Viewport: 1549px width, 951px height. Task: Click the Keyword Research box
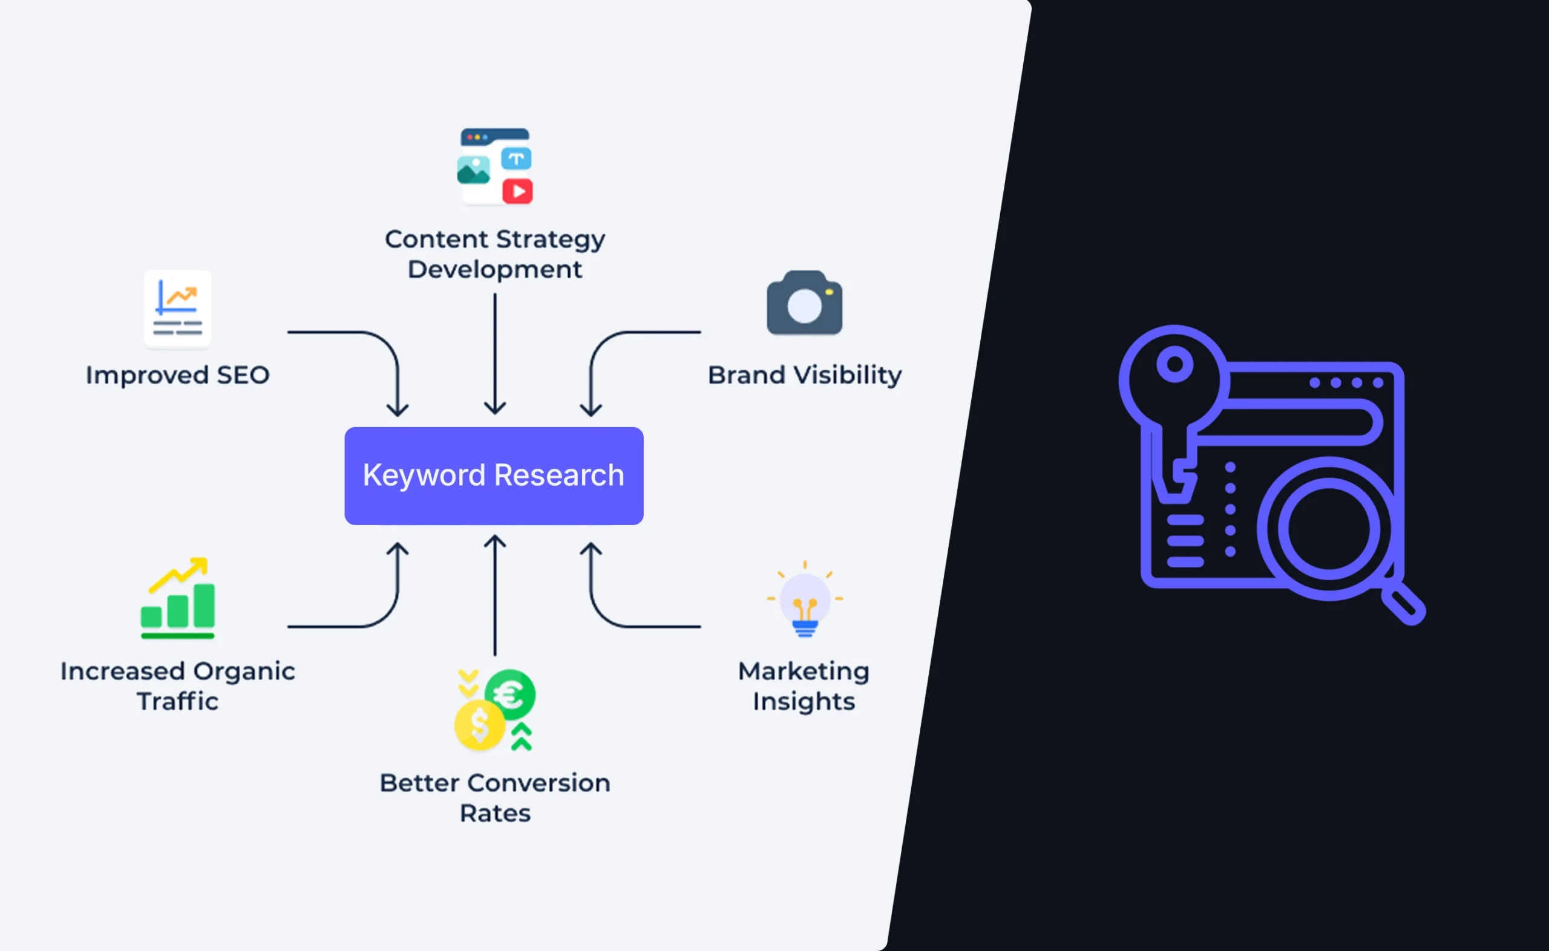[494, 475]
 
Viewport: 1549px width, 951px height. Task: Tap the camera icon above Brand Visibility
[804, 303]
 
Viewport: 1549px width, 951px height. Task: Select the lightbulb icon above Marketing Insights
[804, 601]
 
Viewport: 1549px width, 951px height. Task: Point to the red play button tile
[517, 191]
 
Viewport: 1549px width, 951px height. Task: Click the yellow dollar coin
[479, 725]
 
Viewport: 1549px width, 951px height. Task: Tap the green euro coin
[511, 694]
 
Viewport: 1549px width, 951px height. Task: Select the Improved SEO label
[178, 376]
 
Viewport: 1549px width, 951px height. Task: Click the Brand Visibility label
[804, 376]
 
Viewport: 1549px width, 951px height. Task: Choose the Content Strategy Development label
[495, 254]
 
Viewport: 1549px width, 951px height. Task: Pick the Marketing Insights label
[804, 686]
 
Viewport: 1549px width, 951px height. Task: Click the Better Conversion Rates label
[495, 797]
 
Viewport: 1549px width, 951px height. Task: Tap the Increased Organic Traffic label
[178, 686]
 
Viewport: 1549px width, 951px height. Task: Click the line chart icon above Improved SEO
[178, 308]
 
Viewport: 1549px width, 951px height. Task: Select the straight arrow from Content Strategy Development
[495, 352]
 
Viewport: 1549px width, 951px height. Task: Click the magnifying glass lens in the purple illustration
[1328, 528]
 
